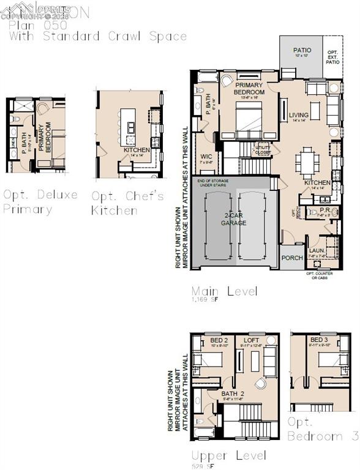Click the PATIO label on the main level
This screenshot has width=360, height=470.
[x=302, y=50]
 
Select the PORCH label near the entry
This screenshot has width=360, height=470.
[x=292, y=258]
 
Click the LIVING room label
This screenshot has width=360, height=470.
[x=299, y=115]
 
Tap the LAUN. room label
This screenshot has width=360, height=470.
[x=316, y=250]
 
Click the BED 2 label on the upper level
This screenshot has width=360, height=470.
[x=219, y=340]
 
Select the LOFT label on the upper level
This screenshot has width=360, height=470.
[x=252, y=340]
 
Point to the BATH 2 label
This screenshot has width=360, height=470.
[x=233, y=394]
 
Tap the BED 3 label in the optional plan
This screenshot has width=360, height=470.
[x=319, y=340]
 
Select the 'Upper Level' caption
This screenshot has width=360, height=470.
[x=228, y=456]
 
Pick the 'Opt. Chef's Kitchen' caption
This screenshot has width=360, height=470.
[x=127, y=203]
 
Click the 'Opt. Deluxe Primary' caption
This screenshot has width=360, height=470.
[x=40, y=201]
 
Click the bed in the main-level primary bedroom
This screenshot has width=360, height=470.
[x=249, y=120]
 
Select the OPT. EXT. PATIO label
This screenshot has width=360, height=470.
[x=333, y=57]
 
